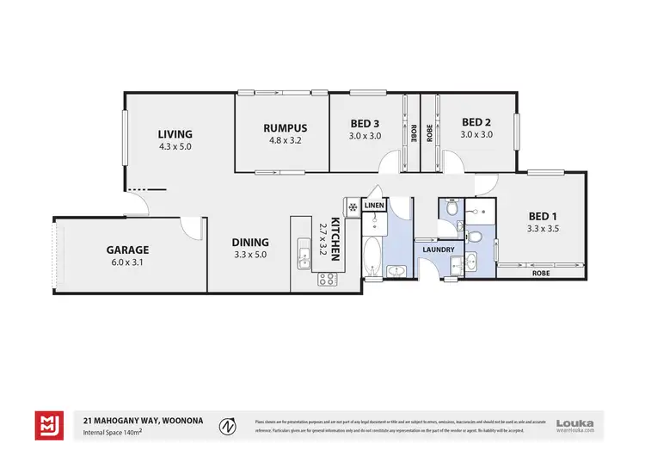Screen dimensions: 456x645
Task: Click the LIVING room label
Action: pos(175,134)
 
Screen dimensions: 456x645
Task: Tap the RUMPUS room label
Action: pos(285,128)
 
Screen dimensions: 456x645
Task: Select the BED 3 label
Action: pos(365,122)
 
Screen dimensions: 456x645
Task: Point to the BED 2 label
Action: pos(476,122)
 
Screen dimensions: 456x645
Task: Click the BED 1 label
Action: pos(544,215)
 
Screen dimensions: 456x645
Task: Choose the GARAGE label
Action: pos(127,250)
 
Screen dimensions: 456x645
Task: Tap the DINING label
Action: pos(250,243)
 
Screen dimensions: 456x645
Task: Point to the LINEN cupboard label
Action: pos(373,206)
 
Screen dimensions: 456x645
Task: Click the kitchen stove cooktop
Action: pos(328,278)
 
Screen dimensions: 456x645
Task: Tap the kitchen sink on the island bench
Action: pos(304,256)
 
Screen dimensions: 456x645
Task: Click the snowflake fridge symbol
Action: pos(352,207)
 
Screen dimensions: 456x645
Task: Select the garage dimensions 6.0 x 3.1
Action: pos(127,262)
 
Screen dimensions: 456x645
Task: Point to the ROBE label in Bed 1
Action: pos(541,272)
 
